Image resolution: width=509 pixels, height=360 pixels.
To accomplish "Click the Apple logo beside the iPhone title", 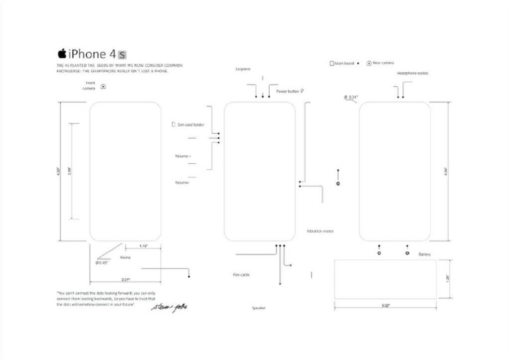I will (62, 53).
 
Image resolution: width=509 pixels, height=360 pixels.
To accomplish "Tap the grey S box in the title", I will (122, 54).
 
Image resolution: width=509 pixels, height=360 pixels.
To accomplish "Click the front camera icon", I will (103, 86).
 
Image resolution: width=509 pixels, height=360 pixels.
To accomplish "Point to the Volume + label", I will (182, 156).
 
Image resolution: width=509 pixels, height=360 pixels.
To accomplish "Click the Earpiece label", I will (243, 69).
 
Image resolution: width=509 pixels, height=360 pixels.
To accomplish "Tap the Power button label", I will (288, 90).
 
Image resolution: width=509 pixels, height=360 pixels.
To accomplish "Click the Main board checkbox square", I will (332, 64).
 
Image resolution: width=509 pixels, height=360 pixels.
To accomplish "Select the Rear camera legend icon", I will (369, 64).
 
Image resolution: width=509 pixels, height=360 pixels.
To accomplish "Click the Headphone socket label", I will (412, 73).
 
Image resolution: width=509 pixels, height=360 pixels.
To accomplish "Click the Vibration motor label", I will (320, 231).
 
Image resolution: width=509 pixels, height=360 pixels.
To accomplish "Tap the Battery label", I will (425, 254).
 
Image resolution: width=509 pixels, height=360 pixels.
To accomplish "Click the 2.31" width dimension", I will (125, 279).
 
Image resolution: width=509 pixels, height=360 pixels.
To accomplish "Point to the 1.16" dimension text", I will (143, 247).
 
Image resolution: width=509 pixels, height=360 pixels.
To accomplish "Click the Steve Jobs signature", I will (165, 307).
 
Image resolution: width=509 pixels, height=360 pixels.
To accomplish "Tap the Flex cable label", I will (241, 274).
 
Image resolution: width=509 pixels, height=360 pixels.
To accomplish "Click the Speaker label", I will (258, 308).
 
